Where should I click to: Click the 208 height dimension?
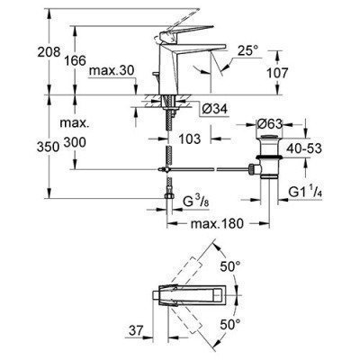pyautogui.click(x=49, y=52)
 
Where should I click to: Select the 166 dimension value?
pyautogui.click(x=75, y=60)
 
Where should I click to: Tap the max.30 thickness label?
pyautogui.click(x=112, y=71)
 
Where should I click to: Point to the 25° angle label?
pyautogui.click(x=248, y=50)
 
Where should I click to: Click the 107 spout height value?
pyautogui.click(x=277, y=73)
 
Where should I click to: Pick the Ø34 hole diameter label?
pyautogui.click(x=214, y=109)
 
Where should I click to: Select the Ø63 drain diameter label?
pyautogui.click(x=269, y=123)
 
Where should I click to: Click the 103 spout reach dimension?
pyautogui.click(x=190, y=139)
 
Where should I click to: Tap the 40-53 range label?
pyautogui.click(x=304, y=148)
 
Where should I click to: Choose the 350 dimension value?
pyautogui.click(x=48, y=147)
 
